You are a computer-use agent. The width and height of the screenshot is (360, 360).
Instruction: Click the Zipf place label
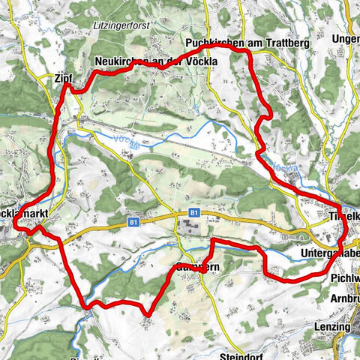click(x=63, y=77)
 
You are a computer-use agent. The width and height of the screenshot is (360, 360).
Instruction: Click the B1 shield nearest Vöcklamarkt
click(x=133, y=223)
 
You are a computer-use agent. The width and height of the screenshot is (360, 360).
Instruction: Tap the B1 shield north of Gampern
click(x=193, y=213)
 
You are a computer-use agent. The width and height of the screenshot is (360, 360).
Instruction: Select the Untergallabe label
click(x=330, y=253)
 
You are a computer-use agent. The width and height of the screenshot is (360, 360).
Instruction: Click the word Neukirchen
click(x=119, y=61)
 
